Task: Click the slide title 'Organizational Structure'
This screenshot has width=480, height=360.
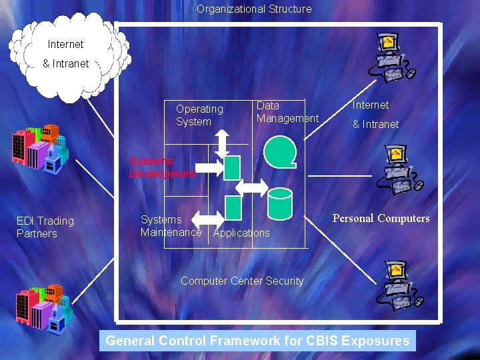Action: pyautogui.click(x=254, y=9)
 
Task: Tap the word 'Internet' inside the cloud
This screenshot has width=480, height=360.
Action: pyautogui.click(x=66, y=45)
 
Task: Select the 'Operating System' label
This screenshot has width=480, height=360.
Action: pyautogui.click(x=199, y=115)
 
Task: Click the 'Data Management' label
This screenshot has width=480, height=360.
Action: pyautogui.click(x=287, y=112)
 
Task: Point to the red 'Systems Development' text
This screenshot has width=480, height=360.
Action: pyautogui.click(x=162, y=167)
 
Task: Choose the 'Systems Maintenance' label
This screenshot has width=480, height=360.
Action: pyautogui.click(x=171, y=226)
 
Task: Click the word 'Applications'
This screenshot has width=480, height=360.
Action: pyautogui.click(x=241, y=233)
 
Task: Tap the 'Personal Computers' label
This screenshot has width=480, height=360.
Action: pyautogui.click(x=381, y=219)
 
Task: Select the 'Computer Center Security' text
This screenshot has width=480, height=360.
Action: pyautogui.click(x=242, y=281)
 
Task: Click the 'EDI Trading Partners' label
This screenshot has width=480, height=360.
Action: pyautogui.click(x=45, y=227)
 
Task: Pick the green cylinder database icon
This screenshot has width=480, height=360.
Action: pyautogui.click(x=279, y=203)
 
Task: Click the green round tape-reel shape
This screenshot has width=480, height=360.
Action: pyautogui.click(x=280, y=151)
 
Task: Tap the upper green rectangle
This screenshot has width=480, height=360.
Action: pyautogui.click(x=232, y=167)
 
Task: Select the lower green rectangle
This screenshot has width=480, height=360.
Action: pyautogui.click(x=233, y=208)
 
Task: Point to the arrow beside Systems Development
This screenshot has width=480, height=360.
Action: pyautogui.click(x=211, y=167)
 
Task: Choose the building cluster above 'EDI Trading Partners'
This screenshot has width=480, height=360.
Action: pyautogui.click(x=39, y=147)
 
